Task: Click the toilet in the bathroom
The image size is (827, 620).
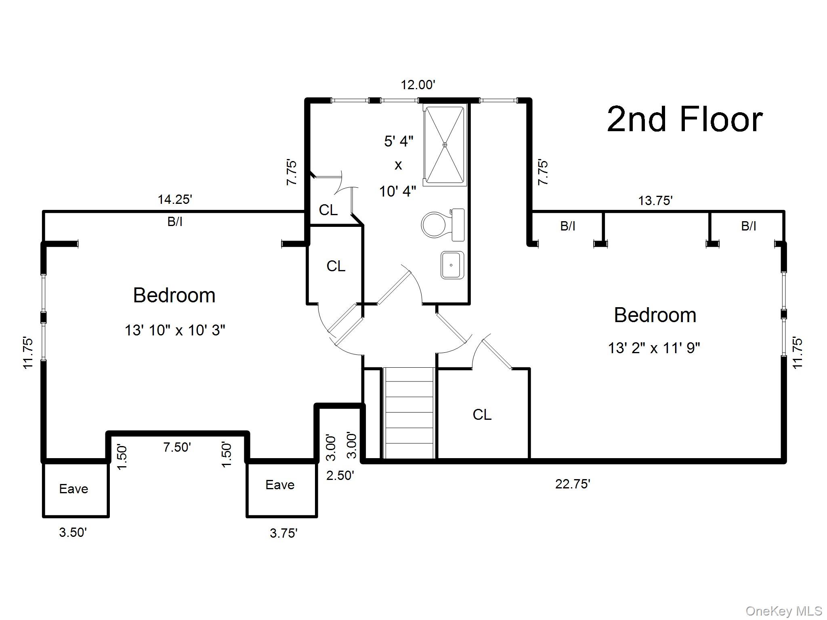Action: click(442, 224)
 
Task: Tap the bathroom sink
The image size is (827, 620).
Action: click(452, 265)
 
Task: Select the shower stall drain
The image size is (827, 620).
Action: click(445, 145)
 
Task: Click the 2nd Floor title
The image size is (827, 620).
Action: click(684, 119)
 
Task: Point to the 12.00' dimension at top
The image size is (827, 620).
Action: click(418, 85)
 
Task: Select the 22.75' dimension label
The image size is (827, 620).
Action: click(572, 484)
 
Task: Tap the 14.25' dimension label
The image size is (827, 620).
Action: click(174, 199)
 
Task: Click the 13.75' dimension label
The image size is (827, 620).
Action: click(655, 200)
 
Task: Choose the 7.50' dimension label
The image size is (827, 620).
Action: click(177, 447)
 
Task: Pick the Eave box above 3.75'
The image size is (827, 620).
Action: click(281, 485)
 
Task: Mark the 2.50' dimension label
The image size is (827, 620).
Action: click(340, 475)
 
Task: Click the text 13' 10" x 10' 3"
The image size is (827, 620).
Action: click(174, 331)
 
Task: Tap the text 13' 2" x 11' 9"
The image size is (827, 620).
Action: click(654, 348)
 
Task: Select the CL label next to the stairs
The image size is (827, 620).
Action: click(482, 415)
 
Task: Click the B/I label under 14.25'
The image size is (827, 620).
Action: click(174, 222)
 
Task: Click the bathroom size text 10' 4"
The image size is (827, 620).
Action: click(397, 191)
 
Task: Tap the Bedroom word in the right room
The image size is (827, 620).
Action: click(655, 315)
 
